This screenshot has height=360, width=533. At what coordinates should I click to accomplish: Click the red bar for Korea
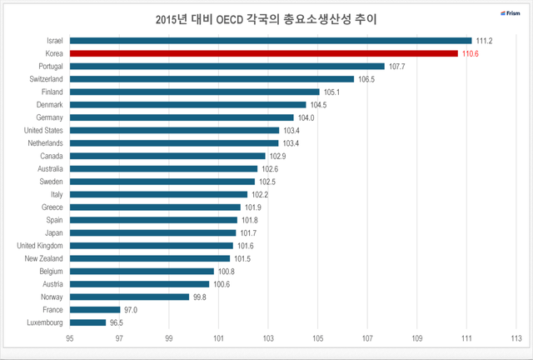point(264,53)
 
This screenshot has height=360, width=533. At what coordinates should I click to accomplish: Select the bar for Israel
point(271,40)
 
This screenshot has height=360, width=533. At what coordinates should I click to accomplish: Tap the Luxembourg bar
point(88,322)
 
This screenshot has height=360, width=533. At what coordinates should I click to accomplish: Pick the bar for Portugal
point(227,66)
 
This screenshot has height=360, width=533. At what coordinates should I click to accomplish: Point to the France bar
point(95,309)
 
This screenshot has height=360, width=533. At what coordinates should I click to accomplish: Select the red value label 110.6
point(471,53)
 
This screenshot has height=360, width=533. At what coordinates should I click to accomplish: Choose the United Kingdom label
point(39,246)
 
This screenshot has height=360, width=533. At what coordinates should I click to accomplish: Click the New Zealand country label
point(43,258)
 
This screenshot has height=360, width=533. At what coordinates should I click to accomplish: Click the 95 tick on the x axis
point(70,339)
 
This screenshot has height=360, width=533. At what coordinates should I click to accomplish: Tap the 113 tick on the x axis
point(516,339)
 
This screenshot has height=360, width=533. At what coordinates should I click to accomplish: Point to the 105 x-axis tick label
point(318,339)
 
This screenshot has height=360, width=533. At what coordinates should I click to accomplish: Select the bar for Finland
point(195,92)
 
